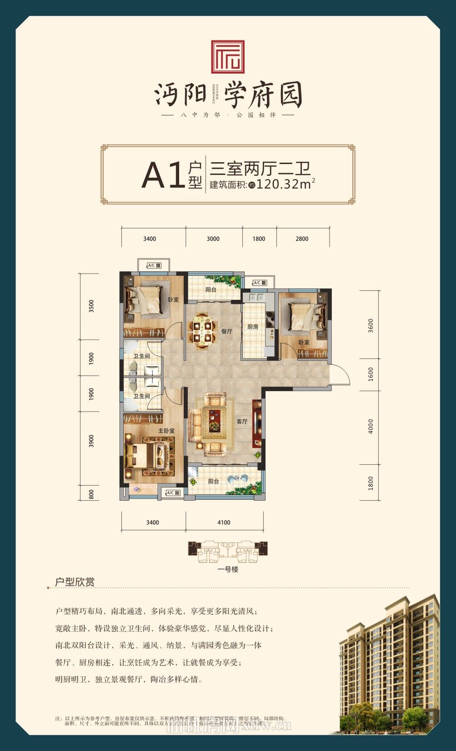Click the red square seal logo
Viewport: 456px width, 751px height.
pyautogui.click(x=228, y=57)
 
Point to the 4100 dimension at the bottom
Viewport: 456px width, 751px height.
pyautogui.click(x=224, y=522)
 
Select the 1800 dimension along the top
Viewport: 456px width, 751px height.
pyautogui.click(x=259, y=239)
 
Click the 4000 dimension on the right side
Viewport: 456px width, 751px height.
pyautogui.click(x=371, y=426)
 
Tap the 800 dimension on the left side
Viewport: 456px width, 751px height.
pyautogui.click(x=91, y=494)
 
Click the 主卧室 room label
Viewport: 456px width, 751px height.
pyautogui.click(x=166, y=430)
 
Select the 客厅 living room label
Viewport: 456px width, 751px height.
pyautogui.click(x=242, y=422)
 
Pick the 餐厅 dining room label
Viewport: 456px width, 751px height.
pyautogui.click(x=227, y=331)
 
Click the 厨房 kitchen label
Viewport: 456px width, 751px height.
pyautogui.click(x=253, y=327)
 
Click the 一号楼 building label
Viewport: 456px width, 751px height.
pyautogui.click(x=228, y=569)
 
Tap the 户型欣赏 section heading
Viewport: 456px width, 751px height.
pyautogui.click(x=75, y=582)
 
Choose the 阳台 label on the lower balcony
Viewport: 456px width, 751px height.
pyautogui.click(x=214, y=481)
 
